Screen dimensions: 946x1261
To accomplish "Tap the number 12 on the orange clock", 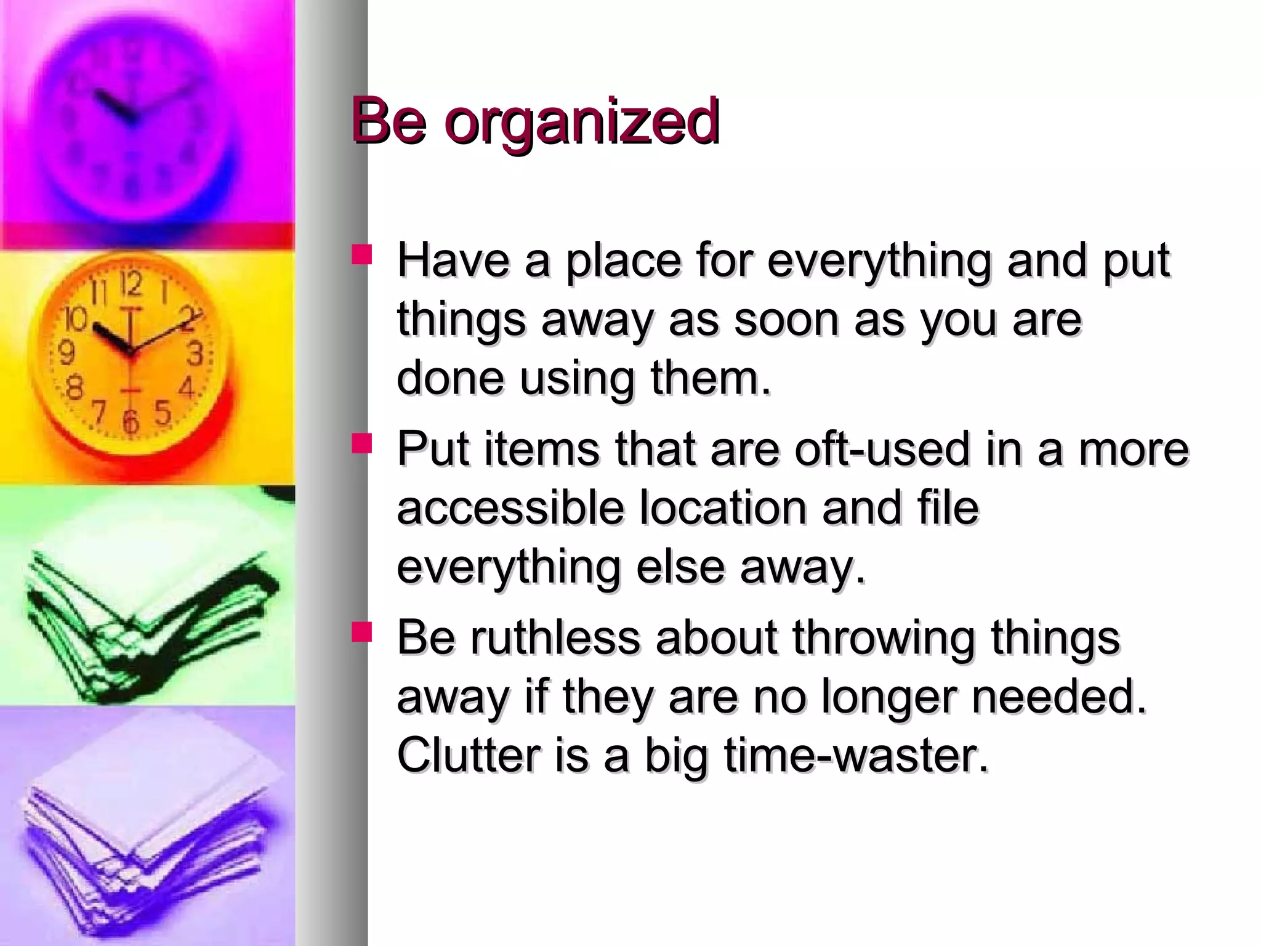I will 131,284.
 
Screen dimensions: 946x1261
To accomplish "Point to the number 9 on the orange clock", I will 66,353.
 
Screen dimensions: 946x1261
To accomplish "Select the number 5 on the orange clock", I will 163,411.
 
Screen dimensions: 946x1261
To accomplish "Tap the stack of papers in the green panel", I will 148,622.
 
